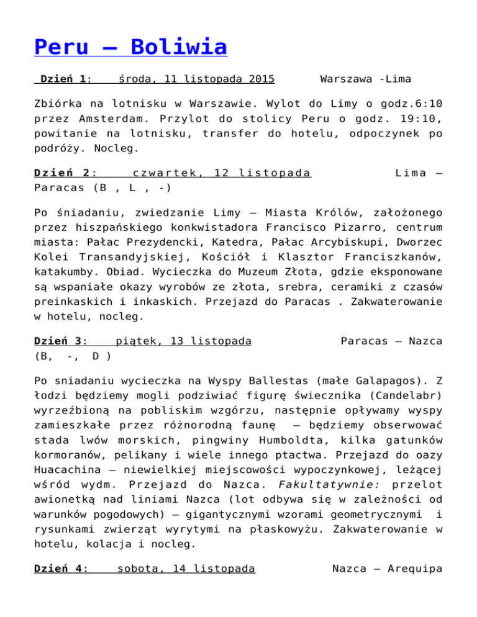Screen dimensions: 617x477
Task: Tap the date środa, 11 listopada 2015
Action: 197,79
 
